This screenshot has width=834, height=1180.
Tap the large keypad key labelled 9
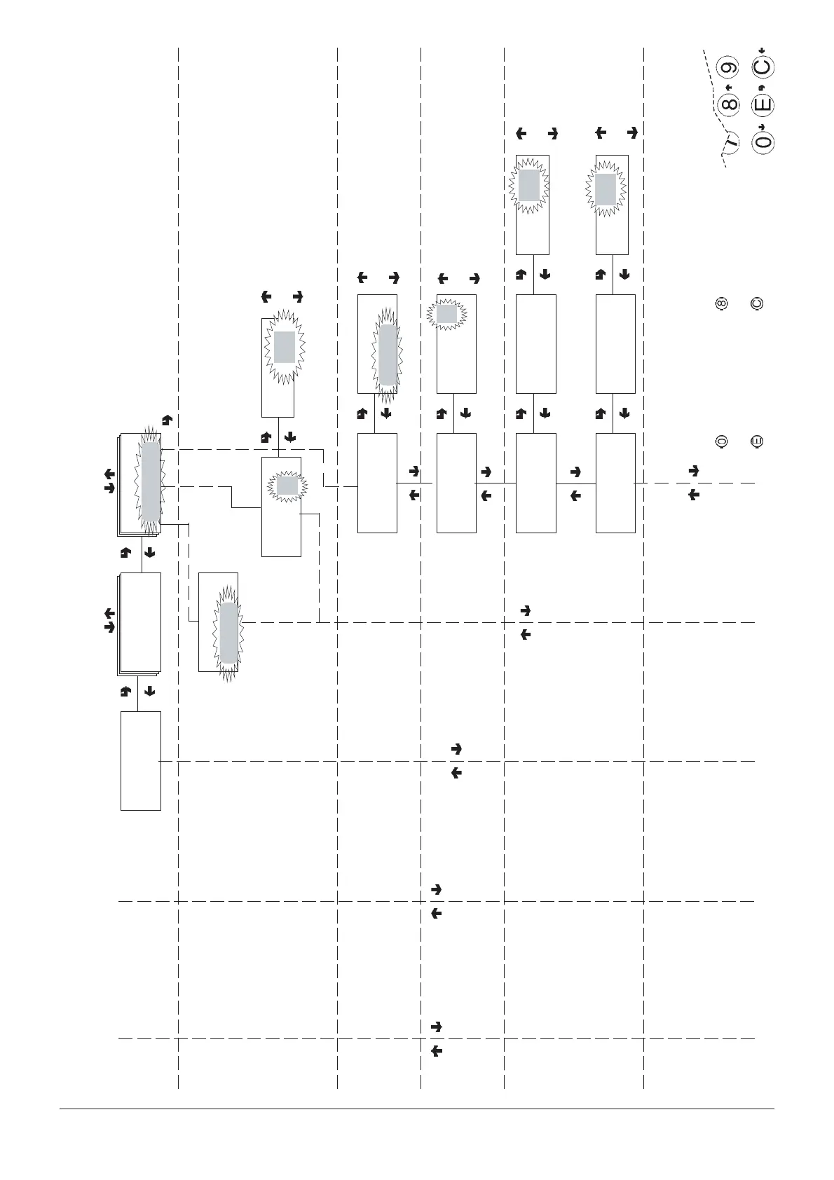tap(730, 68)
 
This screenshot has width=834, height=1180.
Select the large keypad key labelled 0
tap(763, 142)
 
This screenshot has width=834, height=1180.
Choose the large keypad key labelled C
tap(763, 68)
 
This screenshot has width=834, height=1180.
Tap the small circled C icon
tap(756, 304)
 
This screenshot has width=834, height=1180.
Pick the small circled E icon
tap(756, 441)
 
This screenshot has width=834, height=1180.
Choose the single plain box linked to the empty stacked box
tap(140, 760)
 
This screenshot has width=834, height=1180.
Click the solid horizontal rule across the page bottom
tap(416, 1109)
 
